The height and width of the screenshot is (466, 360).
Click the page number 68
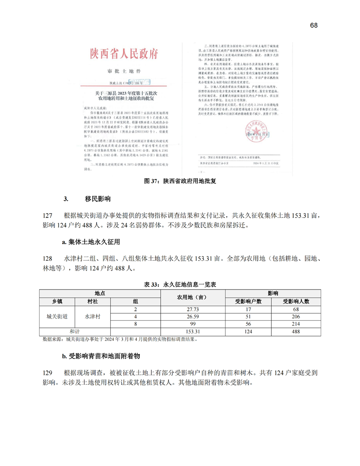click(314, 25)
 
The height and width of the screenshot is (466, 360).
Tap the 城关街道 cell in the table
click(57, 316)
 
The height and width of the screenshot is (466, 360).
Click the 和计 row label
click(75, 331)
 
